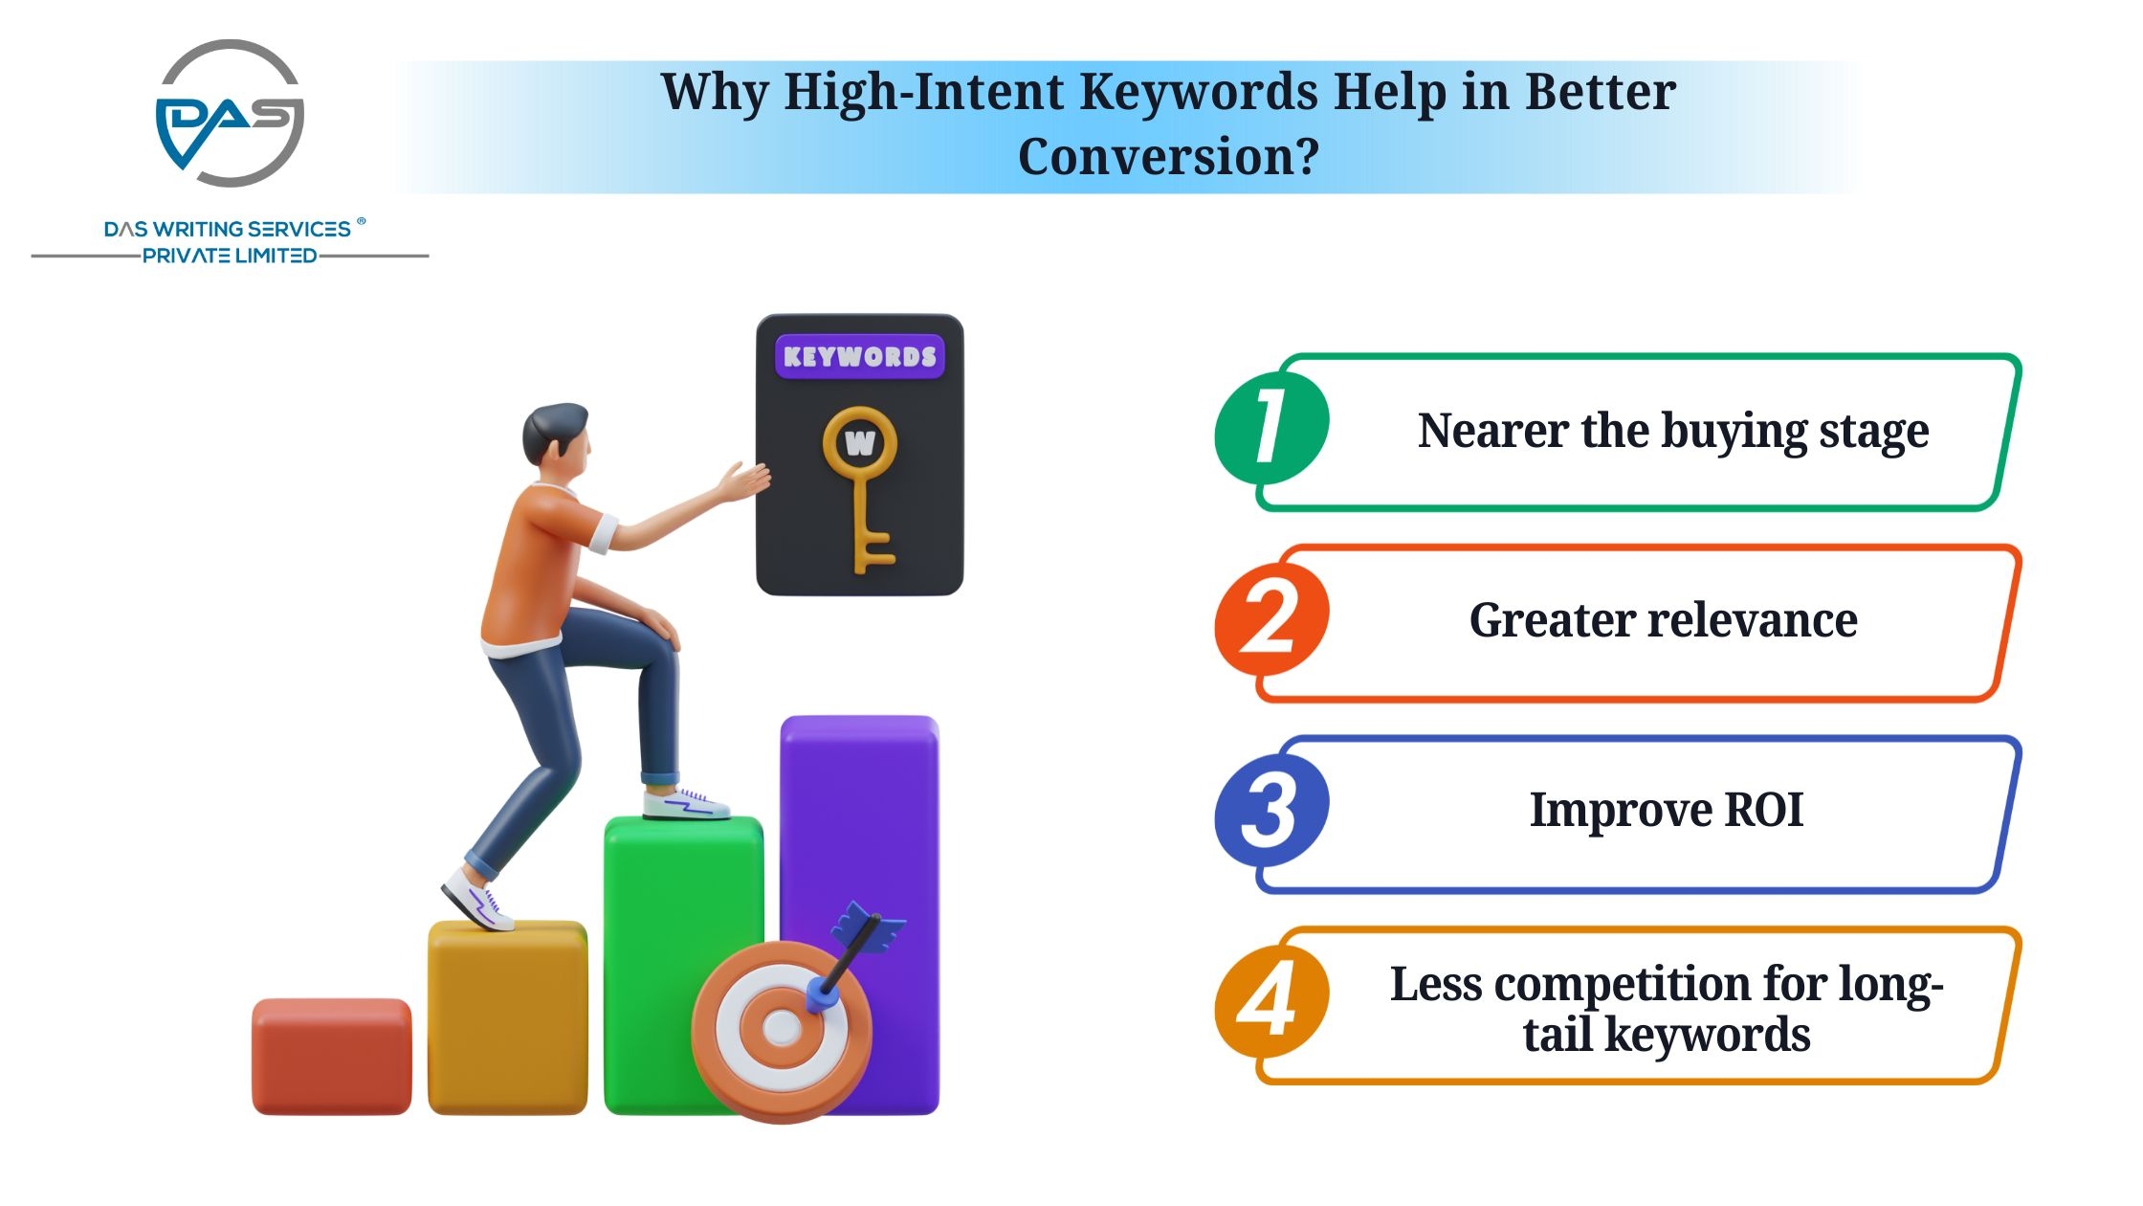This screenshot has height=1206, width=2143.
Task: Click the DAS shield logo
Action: [230, 113]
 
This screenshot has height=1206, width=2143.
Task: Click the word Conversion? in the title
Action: [1168, 156]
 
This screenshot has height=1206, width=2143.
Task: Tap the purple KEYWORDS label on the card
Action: [859, 357]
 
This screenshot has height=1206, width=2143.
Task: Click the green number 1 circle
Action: [1271, 428]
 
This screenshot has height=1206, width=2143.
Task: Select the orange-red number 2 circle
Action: [1271, 619]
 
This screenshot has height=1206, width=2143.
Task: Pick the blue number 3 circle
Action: [1271, 811]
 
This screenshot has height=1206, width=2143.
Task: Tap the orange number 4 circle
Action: [1271, 1001]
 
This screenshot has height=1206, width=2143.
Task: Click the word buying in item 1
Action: [1734, 432]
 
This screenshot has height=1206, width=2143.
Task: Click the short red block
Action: [332, 1056]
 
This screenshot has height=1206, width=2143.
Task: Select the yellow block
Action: [507, 1017]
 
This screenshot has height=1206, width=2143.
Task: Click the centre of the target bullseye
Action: [783, 1029]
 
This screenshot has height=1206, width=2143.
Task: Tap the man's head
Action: [556, 438]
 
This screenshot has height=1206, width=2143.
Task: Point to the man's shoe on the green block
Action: [685, 803]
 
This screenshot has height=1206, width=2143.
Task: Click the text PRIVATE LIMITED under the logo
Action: [230, 256]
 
